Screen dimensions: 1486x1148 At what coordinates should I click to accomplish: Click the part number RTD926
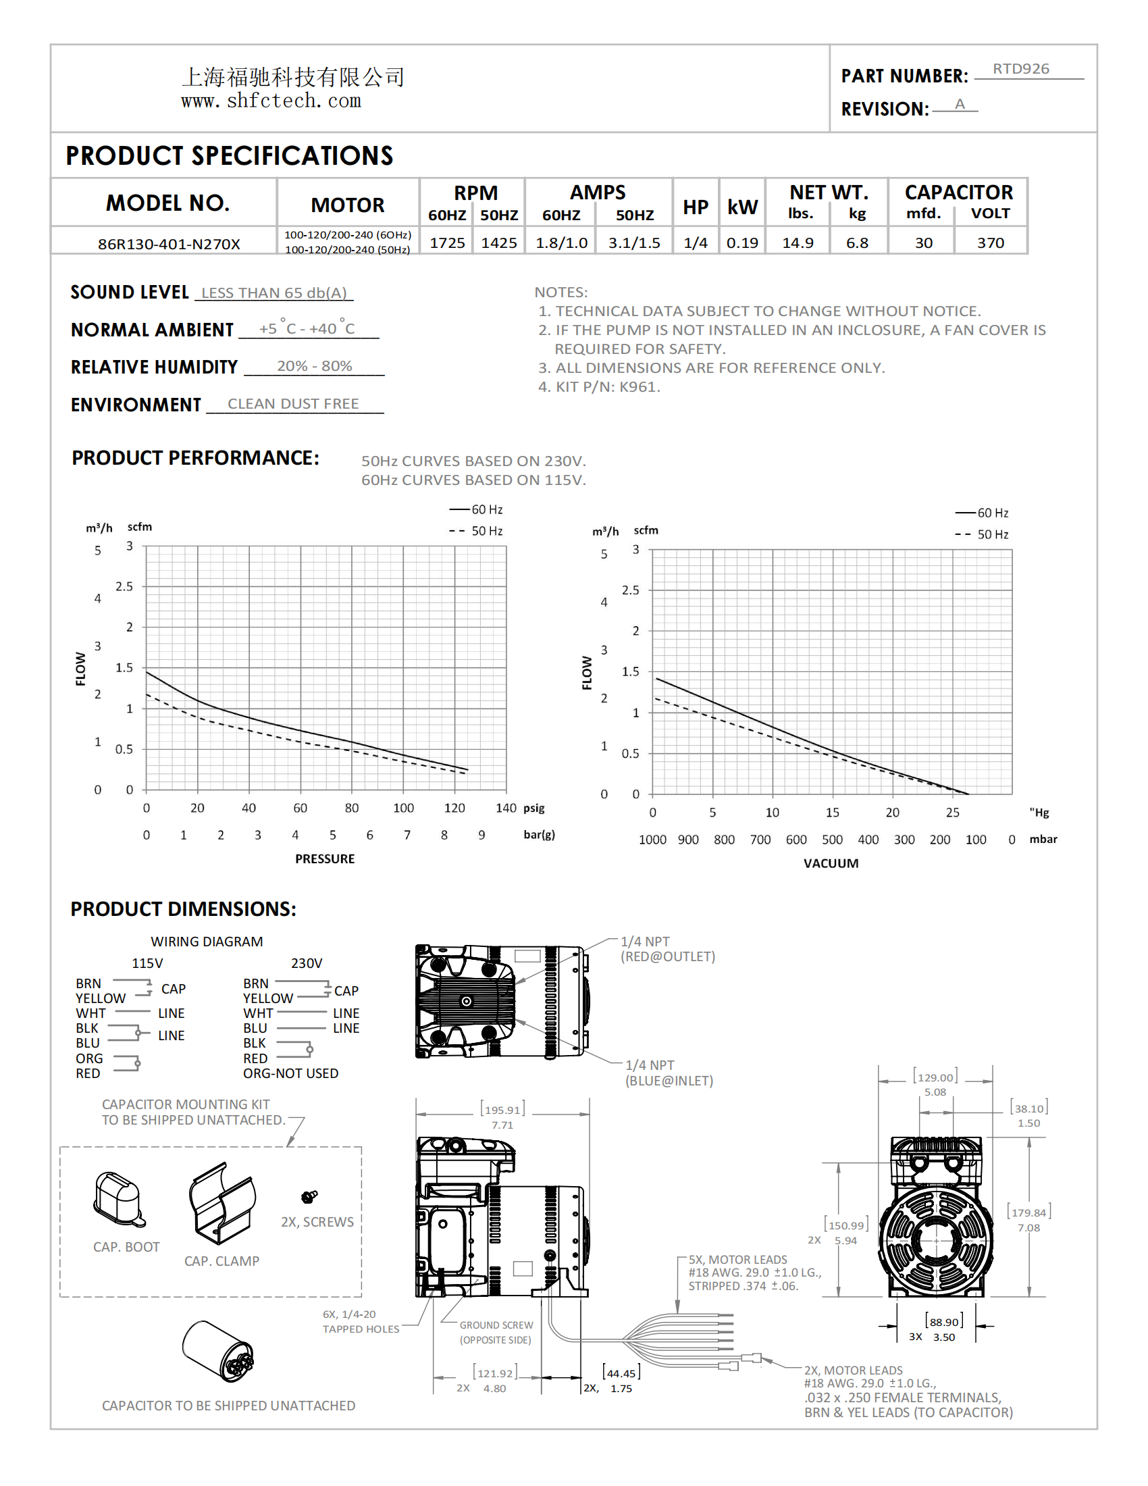click(1020, 69)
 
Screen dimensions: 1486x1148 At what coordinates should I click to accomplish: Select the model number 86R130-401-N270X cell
click(169, 244)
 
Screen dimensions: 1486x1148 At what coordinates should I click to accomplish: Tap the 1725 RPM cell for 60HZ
click(447, 243)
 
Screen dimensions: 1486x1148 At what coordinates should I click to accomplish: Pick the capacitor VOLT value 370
click(990, 243)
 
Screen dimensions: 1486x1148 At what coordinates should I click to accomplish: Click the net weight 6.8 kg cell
click(857, 243)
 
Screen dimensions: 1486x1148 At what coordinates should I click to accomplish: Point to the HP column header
click(695, 207)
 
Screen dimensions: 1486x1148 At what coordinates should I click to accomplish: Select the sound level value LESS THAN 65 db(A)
click(274, 292)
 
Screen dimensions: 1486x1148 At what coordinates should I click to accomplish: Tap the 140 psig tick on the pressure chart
click(505, 808)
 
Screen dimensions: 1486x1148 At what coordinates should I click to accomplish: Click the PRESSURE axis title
click(324, 859)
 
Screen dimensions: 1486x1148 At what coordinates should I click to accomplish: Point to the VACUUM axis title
click(831, 863)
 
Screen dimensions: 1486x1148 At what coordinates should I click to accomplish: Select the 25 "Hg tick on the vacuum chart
click(952, 813)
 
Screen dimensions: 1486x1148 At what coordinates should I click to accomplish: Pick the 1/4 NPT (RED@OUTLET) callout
click(667, 949)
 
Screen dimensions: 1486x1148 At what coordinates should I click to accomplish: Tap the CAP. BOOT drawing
click(119, 1199)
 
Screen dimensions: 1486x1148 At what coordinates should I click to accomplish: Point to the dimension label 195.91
click(502, 1110)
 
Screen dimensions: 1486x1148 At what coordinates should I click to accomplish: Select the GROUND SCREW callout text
click(496, 1332)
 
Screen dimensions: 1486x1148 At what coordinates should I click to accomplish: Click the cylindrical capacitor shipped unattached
click(217, 1352)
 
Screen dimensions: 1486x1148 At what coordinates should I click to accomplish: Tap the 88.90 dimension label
click(944, 1322)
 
